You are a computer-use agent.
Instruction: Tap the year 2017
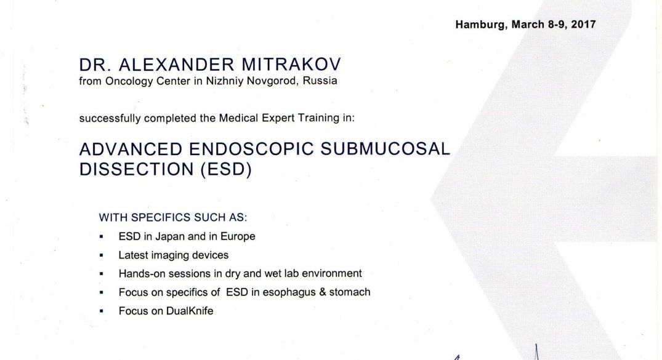[583, 25]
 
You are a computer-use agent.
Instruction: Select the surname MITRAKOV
[291, 65]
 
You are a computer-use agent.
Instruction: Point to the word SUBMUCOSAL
[385, 149]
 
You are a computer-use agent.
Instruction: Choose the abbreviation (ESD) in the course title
[226, 169]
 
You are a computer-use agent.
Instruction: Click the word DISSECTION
[136, 169]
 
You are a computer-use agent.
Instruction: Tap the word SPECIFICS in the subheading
[161, 217]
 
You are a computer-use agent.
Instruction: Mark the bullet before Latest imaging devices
[102, 255]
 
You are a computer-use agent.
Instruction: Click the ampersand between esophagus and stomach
[323, 292]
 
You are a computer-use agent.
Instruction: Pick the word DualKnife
[190, 311]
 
